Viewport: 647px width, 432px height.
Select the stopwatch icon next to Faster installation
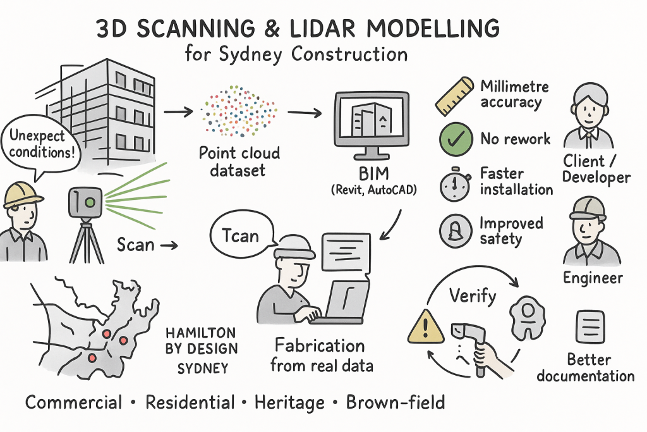tap(455, 183)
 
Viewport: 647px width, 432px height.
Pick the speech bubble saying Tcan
tap(241, 235)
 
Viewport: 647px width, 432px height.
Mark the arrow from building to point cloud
tap(178, 112)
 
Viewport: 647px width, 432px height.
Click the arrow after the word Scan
tap(169, 244)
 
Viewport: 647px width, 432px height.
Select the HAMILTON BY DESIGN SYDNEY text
tap(202, 349)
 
